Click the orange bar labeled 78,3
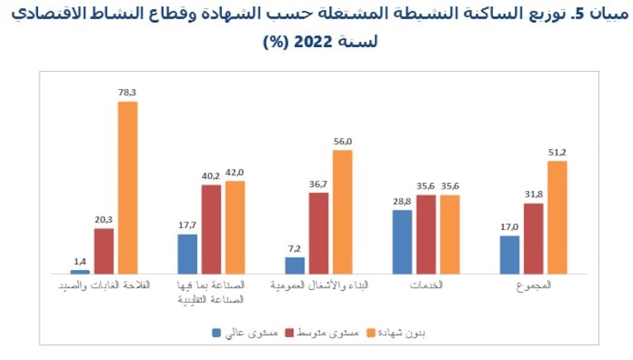coord(128,187)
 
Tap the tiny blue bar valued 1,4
coord(80,271)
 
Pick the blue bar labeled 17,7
coord(187,254)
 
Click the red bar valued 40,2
coord(211,229)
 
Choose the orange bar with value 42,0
coord(235,227)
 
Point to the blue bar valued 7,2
coord(295,264)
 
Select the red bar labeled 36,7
coord(319,233)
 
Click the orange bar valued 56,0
coord(343,212)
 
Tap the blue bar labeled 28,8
coord(402,241)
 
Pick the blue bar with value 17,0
coord(509,255)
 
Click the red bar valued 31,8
coord(533,238)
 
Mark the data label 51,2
coord(558,152)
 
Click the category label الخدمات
coord(426,285)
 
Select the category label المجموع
coord(533,285)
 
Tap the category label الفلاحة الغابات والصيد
coord(104,285)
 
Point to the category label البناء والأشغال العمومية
coord(319,285)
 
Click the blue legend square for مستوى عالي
coord(217,333)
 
